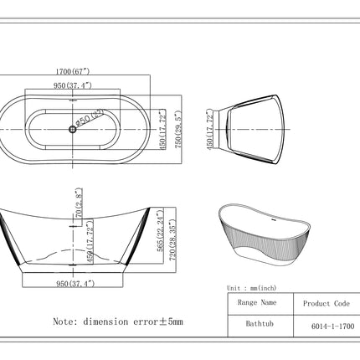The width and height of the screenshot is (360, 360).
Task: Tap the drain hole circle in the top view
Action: coord(70,130)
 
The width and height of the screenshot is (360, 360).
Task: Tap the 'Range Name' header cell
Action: coord(257,303)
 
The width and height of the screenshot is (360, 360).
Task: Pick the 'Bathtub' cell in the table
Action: coord(257,325)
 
